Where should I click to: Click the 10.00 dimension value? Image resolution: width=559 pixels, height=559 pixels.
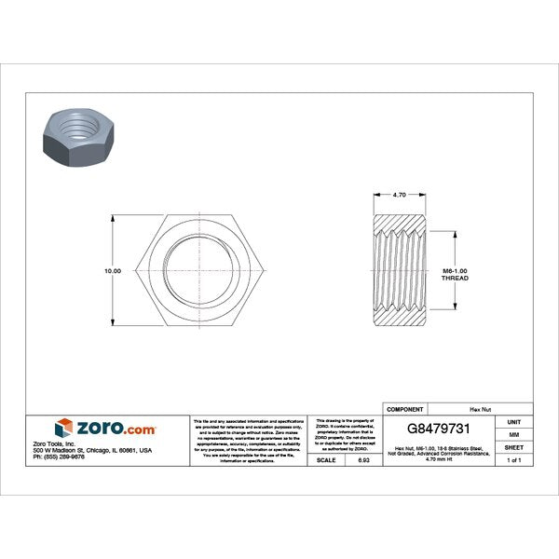tap(112, 270)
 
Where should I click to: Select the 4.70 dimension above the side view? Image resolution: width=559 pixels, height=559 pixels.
tap(400, 195)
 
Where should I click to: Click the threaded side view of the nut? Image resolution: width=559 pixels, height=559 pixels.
tap(401, 270)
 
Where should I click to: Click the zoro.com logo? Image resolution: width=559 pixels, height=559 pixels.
tap(104, 428)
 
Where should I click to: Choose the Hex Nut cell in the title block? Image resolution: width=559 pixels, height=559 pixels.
tap(480, 409)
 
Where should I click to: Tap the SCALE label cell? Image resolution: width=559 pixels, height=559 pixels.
tap(326, 460)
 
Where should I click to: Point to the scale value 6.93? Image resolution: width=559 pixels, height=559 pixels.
tap(362, 460)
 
